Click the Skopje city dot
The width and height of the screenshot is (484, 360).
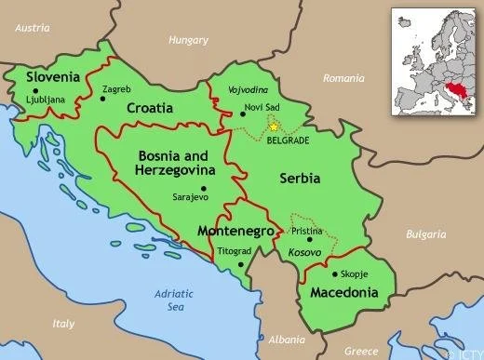click(x=334, y=275)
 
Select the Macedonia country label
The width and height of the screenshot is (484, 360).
click(x=344, y=292)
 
